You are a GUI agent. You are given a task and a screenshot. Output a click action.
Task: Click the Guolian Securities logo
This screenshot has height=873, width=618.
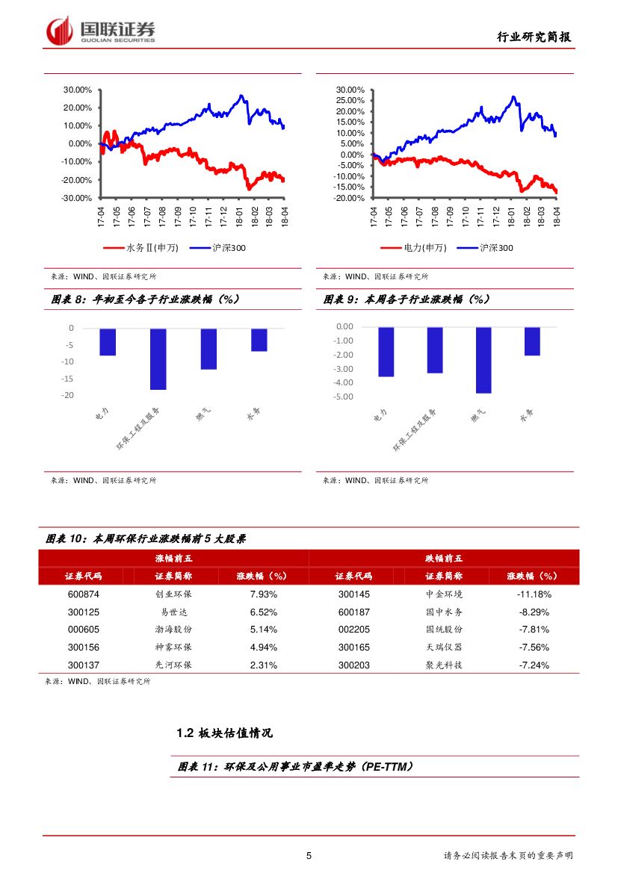[100, 31]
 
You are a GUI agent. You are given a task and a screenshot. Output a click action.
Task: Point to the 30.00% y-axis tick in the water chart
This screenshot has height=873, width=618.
[78, 90]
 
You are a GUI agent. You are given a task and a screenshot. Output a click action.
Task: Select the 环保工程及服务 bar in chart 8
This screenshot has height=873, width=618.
[158, 358]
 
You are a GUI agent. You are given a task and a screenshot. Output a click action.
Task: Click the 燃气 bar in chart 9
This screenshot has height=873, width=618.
[483, 360]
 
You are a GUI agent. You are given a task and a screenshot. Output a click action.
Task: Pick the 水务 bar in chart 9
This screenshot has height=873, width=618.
[532, 341]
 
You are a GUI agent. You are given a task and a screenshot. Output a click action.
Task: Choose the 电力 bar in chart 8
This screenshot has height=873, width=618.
[108, 342]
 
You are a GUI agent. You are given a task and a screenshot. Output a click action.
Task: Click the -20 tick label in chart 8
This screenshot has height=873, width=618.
[69, 395]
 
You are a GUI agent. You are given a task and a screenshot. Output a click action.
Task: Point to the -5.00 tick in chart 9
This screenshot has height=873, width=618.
[343, 397]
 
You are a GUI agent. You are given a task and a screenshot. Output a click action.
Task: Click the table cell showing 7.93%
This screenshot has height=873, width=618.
[263, 594]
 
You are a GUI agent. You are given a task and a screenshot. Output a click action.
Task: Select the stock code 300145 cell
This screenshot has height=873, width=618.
[353, 594]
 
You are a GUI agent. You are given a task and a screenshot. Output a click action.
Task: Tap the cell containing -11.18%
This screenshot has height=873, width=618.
[534, 594]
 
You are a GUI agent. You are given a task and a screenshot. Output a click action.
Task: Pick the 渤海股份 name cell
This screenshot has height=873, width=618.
[173, 630]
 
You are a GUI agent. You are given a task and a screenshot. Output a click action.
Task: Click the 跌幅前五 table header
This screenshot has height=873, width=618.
[444, 558]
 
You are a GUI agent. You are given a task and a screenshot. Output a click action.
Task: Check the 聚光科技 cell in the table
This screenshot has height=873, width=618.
[444, 665]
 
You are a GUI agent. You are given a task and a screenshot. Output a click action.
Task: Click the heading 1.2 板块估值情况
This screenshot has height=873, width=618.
[225, 733]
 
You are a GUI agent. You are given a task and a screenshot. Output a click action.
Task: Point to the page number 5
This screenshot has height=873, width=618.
[309, 856]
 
